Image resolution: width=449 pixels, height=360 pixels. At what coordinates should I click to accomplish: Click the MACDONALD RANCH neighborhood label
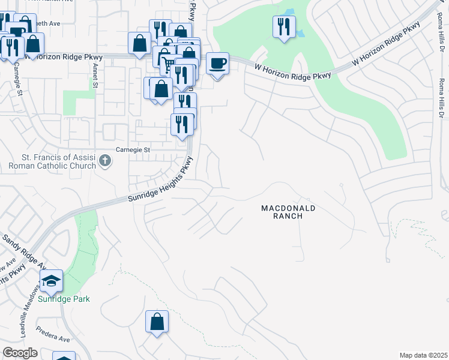(288, 212)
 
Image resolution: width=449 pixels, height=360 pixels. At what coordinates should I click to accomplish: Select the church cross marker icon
(105, 160)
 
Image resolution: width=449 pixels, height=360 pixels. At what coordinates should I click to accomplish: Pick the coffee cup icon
(217, 63)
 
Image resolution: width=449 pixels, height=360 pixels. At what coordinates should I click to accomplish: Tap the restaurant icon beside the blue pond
(284, 26)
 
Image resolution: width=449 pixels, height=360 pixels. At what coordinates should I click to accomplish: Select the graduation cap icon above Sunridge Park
(52, 280)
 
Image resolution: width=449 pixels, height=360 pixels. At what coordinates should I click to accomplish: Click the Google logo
(20, 353)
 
